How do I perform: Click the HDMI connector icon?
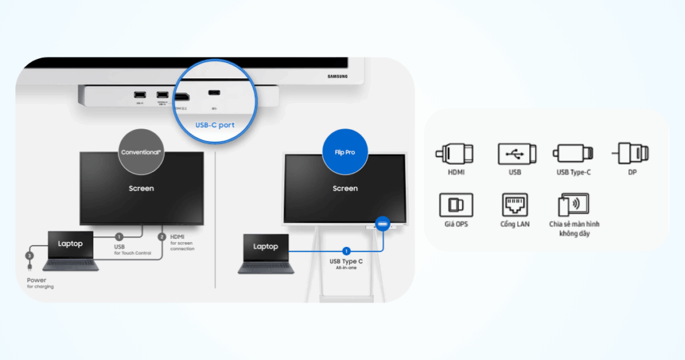tap(455, 153)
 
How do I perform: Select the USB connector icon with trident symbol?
tap(516, 153)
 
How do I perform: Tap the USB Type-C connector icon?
tap(573, 153)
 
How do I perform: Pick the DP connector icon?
tap(631, 153)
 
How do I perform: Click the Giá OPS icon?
tap(455, 204)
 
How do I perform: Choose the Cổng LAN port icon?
tap(515, 204)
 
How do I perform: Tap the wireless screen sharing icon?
tap(573, 204)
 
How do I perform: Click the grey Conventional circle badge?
tap(141, 152)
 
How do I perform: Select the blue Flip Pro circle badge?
tap(345, 152)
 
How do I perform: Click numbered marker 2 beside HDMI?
tap(162, 237)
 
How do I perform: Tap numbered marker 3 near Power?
tap(29, 256)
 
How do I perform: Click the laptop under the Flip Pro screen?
tap(266, 254)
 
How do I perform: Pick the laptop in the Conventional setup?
tap(70, 251)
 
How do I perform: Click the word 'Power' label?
tap(37, 280)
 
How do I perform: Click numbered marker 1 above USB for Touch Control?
tap(119, 236)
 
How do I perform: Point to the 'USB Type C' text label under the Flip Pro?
tap(347, 261)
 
